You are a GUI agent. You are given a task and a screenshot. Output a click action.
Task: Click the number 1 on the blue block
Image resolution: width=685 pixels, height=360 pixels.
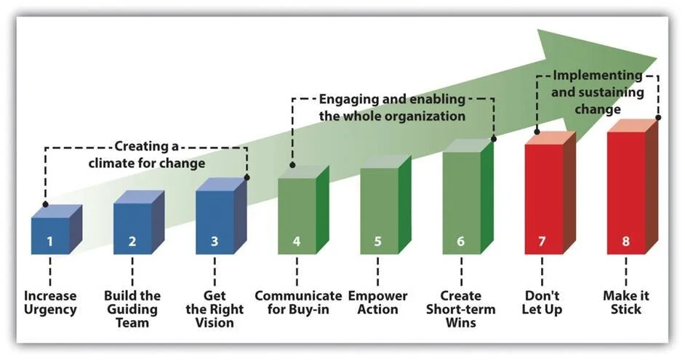50,241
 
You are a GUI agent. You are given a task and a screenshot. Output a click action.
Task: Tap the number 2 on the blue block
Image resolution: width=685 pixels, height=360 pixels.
132,241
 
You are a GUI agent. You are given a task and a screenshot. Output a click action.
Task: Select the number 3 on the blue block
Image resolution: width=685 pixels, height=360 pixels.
215,241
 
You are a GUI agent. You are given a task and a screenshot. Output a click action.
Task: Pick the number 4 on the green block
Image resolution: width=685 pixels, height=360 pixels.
297,241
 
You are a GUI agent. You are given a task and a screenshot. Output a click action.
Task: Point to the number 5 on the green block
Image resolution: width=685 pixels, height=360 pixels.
378,241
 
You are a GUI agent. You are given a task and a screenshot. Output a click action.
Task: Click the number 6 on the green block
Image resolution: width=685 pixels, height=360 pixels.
460,241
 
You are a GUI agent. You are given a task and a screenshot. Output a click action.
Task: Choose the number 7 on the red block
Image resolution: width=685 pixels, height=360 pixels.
543,241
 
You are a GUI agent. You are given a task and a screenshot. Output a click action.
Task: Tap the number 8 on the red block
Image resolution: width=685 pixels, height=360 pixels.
625,241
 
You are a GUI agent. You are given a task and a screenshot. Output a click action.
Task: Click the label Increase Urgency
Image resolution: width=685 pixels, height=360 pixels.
50,303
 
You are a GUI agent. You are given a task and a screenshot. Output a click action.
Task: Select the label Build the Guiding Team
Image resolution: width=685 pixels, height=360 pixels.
132,309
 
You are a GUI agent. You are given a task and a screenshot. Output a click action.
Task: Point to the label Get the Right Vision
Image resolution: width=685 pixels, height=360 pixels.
215,309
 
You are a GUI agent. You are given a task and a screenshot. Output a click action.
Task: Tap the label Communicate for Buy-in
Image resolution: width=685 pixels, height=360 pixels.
298,303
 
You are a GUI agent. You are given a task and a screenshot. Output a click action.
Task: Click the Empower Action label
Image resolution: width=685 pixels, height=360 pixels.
378,303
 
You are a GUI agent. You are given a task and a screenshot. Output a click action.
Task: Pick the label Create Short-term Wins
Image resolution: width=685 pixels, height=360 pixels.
460,309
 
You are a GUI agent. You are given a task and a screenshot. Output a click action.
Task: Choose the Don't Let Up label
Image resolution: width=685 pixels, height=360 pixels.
543,303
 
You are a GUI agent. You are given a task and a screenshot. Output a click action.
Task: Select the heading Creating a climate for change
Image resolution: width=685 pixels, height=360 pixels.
147,155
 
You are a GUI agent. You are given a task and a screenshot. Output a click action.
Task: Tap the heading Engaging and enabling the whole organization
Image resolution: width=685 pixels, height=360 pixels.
393,107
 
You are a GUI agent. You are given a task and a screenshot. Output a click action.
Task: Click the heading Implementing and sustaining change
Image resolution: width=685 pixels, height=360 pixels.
598,92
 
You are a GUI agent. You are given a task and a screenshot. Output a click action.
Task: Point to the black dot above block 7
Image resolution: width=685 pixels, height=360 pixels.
537,132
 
